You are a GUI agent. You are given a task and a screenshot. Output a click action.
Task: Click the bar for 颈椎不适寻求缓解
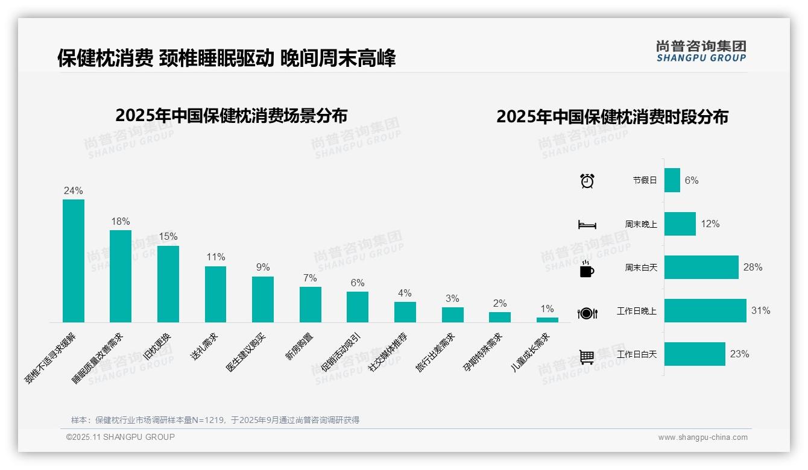click(x=74, y=260)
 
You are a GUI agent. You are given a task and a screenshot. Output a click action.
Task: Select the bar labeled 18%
click(x=121, y=276)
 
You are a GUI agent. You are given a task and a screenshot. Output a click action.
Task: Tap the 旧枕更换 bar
click(x=168, y=284)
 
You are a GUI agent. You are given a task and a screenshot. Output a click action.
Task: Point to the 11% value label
click(x=215, y=257)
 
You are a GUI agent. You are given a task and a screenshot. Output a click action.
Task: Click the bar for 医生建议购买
click(x=263, y=299)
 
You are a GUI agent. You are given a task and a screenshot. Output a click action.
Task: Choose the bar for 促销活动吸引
click(x=358, y=307)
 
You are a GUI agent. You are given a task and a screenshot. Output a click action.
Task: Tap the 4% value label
click(x=405, y=293)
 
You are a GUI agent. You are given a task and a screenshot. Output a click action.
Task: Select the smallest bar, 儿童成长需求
click(x=547, y=320)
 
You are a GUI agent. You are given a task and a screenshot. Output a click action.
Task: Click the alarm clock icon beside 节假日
click(x=587, y=181)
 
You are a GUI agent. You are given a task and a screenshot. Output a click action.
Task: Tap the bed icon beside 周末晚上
click(x=587, y=225)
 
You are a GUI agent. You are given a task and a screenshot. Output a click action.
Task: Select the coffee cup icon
click(x=587, y=269)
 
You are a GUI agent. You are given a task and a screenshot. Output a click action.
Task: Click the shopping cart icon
click(x=587, y=357)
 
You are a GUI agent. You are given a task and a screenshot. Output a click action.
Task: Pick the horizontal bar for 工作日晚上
click(x=705, y=311)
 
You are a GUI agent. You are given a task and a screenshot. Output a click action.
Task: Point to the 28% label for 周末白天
click(x=753, y=268)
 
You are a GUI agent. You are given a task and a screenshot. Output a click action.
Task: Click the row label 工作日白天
click(x=637, y=354)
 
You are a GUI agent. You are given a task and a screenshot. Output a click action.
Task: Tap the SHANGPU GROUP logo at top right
click(x=701, y=51)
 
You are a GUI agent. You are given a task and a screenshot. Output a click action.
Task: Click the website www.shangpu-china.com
click(x=702, y=437)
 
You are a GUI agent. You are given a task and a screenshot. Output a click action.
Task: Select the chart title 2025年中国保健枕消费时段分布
click(x=612, y=117)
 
